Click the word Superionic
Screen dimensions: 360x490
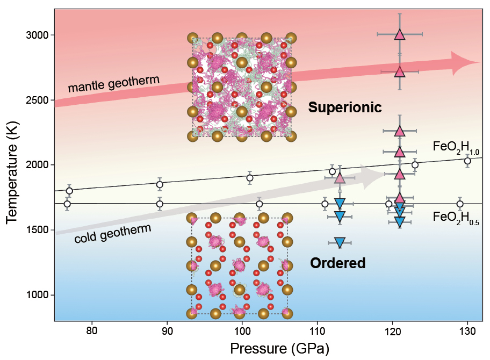pos(344,107)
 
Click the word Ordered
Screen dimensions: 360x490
pos(338,263)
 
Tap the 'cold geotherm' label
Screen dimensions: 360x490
pos(112,232)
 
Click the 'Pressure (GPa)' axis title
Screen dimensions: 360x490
pos(279,348)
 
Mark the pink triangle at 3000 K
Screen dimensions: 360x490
pos(400,34)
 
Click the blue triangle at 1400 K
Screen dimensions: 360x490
pos(340,242)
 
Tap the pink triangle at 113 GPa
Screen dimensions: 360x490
pos(340,178)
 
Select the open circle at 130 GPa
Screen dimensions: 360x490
pos(467,161)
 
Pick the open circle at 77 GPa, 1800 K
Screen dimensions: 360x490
pos(69,191)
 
